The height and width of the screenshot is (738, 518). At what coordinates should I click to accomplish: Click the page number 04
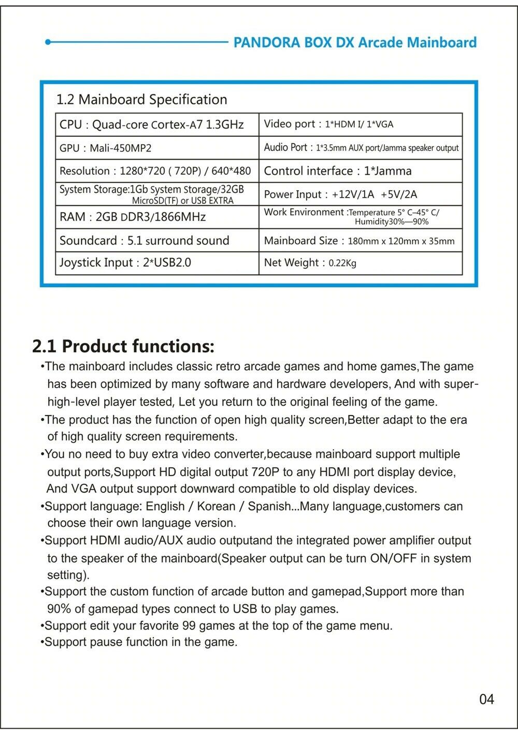pos(486,700)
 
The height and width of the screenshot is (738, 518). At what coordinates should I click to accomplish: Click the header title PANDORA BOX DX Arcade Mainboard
pos(355,43)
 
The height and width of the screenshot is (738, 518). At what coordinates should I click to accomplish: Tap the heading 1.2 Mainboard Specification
pos(141,100)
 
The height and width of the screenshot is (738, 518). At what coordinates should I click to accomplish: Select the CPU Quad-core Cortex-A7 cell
pos(151,125)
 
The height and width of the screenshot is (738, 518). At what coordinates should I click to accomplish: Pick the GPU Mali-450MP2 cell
pos(106,148)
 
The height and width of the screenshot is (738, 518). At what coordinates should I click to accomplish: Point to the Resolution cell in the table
pos(155,171)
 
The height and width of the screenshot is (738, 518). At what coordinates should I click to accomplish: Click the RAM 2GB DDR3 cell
pos(133,217)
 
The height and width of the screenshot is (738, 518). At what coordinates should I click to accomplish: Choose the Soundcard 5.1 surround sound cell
pos(144,241)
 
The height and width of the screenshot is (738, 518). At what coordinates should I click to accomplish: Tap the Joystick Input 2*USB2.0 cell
pos(125,263)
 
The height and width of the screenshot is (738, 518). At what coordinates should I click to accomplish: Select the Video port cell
pos(328,124)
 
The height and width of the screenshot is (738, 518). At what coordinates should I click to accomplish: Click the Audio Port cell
pos(361,148)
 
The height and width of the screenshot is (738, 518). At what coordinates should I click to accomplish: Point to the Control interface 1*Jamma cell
pos(338,171)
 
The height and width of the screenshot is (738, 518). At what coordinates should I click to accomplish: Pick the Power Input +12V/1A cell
pos(340,194)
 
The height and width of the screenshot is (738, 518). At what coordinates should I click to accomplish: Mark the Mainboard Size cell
pos(359,241)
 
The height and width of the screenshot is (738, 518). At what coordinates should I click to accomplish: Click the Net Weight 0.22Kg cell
pos(310,263)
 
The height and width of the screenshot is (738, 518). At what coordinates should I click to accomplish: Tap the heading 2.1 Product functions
pos(123,346)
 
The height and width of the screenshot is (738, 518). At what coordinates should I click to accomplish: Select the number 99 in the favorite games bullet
pos(189,625)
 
